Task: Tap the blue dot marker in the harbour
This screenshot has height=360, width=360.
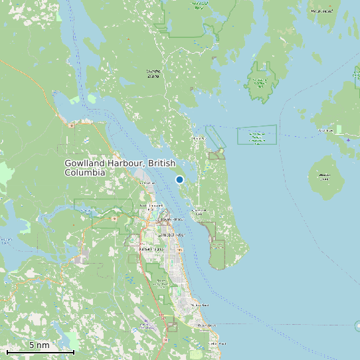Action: (x=179, y=179)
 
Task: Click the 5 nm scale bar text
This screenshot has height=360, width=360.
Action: (x=39, y=345)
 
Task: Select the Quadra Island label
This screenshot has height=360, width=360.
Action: (x=153, y=73)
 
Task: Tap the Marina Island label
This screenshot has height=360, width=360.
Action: (x=325, y=177)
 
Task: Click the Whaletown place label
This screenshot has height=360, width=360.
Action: (x=325, y=131)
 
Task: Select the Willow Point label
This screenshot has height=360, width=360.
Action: (x=200, y=305)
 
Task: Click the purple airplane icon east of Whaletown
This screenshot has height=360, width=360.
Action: (x=348, y=139)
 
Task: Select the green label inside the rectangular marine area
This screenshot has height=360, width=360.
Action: (x=256, y=137)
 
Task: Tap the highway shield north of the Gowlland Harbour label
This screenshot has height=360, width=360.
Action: (x=71, y=124)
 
